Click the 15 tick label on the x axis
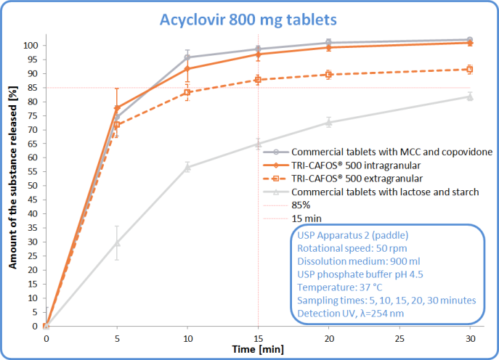click(258, 337)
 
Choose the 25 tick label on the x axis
click(399, 337)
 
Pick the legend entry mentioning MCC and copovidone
click(392, 152)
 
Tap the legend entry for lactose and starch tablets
click(385, 192)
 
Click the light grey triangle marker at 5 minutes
click(116, 242)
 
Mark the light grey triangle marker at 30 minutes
click(469, 97)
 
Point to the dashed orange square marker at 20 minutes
click(328, 74)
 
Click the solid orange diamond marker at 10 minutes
click(187, 69)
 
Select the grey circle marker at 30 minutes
click(469, 40)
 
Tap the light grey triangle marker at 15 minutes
click(258, 144)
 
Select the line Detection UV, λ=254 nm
click(350, 314)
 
